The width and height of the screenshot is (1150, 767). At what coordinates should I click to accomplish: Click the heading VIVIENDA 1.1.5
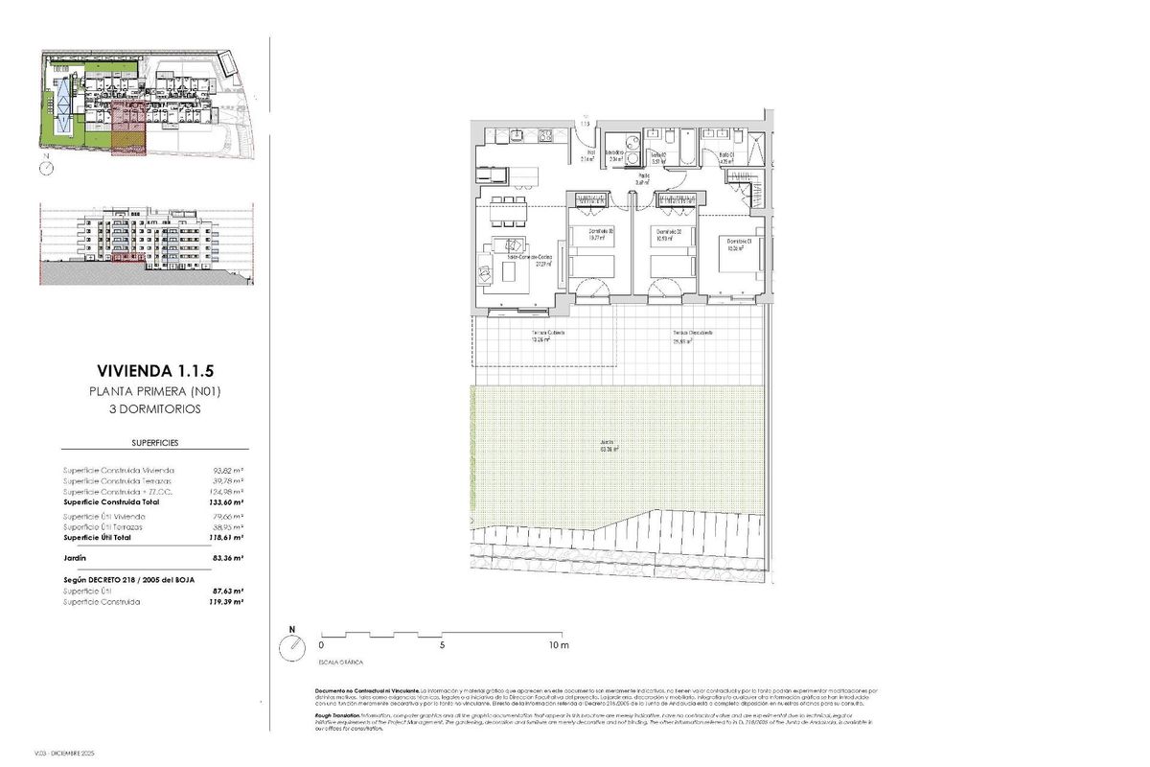pyautogui.click(x=154, y=370)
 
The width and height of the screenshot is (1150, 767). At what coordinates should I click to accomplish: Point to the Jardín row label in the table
pyautogui.click(x=76, y=557)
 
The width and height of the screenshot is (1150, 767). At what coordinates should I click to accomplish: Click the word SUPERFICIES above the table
pyautogui.click(x=154, y=443)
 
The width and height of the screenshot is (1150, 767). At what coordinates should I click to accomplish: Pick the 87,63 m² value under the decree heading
pyautogui.click(x=227, y=592)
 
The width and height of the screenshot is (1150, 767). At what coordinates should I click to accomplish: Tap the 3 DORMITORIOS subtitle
pyautogui.click(x=154, y=409)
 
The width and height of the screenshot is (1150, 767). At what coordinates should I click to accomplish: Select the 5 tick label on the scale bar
pyautogui.click(x=442, y=645)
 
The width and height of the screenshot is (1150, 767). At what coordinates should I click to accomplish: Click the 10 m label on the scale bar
pyautogui.click(x=559, y=645)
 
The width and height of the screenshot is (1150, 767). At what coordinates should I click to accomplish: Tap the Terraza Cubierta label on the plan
pyautogui.click(x=548, y=335)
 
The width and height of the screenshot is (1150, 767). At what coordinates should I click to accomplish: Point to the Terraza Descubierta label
pyautogui.click(x=692, y=335)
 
